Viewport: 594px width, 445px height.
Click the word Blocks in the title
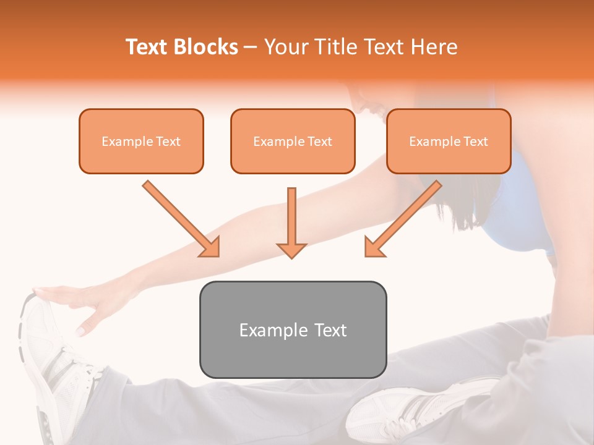coord(207,47)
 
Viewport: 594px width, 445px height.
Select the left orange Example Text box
coord(141,142)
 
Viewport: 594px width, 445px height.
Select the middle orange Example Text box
coord(293,142)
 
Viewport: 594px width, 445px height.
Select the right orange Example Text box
coord(449,142)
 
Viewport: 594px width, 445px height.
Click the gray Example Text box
coord(293,330)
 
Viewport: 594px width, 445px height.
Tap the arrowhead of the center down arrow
coord(291,250)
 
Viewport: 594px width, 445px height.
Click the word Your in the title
coord(285,47)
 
